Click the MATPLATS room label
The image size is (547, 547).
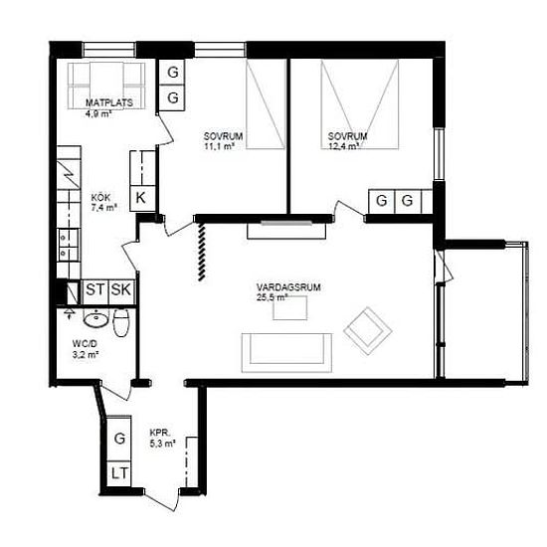click(x=109, y=102)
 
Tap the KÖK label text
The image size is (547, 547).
click(x=100, y=198)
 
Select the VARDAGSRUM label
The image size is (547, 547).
click(x=288, y=287)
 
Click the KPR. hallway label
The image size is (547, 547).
click(x=160, y=433)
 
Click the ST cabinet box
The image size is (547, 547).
click(x=95, y=289)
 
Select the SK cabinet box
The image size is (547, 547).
click(x=121, y=289)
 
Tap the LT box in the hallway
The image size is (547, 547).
click(x=119, y=473)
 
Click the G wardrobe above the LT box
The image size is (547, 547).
click(x=119, y=439)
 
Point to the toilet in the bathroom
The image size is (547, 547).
click(x=121, y=322)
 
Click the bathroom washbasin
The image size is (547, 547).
click(x=95, y=319)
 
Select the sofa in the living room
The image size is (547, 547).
click(x=286, y=353)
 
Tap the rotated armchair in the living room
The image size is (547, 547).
click(x=368, y=331)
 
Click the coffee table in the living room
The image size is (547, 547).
click(x=289, y=308)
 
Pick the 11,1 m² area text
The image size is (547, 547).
click(x=219, y=146)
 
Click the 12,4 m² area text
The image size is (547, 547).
click(x=343, y=146)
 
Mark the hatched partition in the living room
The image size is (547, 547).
click(x=201, y=252)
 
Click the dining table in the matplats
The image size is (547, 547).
click(x=106, y=86)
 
